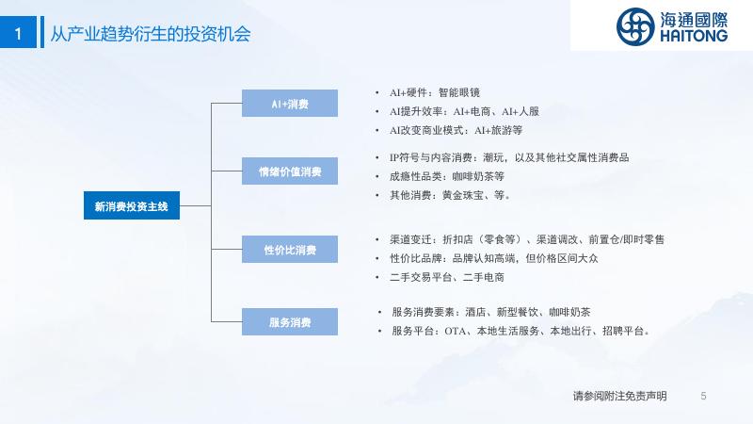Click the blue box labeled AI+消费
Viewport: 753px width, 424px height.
click(x=290, y=103)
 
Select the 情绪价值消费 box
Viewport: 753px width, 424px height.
click(x=290, y=171)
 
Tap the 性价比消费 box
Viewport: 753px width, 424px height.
click(x=290, y=250)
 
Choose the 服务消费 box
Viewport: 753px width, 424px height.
click(x=290, y=322)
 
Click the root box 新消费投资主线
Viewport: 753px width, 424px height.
click(x=131, y=205)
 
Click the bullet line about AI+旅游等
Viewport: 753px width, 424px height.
click(x=456, y=129)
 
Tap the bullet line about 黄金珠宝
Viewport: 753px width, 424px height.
click(x=449, y=195)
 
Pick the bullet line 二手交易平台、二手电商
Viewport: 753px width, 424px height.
click(x=446, y=277)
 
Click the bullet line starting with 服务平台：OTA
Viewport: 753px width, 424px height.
click(x=521, y=331)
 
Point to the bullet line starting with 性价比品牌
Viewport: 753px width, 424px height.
click(x=493, y=258)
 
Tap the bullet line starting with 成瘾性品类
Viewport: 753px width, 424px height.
click(x=446, y=176)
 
